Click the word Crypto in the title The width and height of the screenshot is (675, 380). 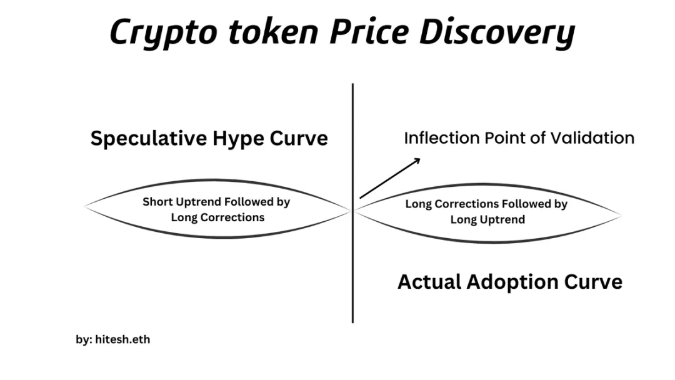point(163,32)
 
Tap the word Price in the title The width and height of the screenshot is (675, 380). point(369,31)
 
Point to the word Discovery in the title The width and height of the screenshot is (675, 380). point(497,32)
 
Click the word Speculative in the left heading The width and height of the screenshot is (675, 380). point(149,139)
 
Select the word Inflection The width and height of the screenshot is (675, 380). point(441,138)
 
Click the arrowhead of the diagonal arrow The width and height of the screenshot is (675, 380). point(417,161)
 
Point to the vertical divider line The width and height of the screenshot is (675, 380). point(352,203)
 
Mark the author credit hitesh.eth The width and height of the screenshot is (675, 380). point(122,339)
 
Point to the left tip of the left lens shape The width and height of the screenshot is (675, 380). point(85,207)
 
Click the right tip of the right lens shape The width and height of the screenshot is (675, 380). point(621,215)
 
